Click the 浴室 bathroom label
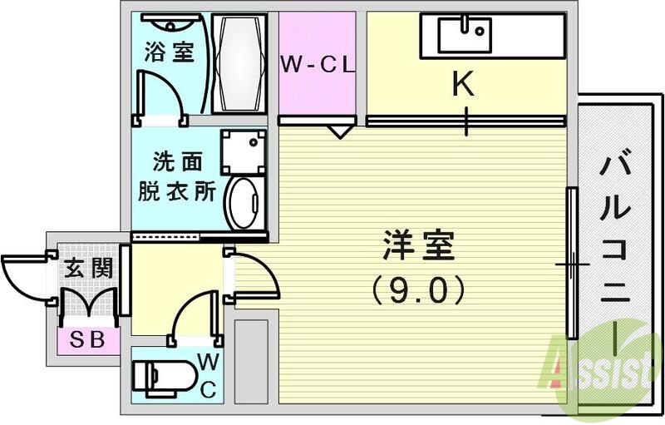pos(170,52)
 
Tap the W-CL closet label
pos(317,63)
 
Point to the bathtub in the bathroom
pos(239,63)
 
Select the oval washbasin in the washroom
pos(244,200)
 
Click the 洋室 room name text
pos(419,246)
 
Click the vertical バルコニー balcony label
pos(619,250)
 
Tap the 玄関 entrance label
pos(89,269)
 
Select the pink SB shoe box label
pos(87,340)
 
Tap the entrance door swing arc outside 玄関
pos(23,275)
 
